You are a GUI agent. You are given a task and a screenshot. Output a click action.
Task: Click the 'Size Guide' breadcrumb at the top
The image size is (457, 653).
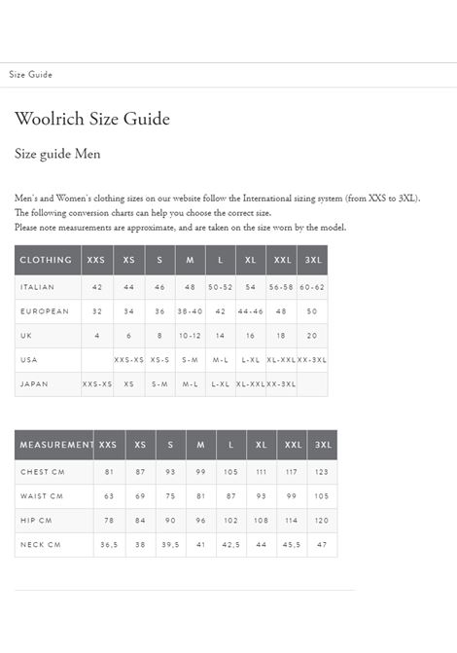click(x=31, y=75)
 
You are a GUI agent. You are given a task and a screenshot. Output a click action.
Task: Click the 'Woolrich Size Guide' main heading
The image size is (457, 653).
click(x=92, y=120)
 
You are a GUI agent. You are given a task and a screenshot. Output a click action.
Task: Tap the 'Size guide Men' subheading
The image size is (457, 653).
click(x=57, y=154)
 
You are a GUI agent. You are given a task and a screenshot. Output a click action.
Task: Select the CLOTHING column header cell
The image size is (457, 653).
click(x=47, y=261)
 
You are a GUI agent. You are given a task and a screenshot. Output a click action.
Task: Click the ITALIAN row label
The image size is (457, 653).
click(x=37, y=287)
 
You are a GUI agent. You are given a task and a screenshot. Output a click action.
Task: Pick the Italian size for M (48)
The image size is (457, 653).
click(x=190, y=287)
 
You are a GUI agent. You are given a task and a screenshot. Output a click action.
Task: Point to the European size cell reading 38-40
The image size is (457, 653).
click(x=190, y=311)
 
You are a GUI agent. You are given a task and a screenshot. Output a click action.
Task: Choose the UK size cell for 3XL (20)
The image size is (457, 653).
click(x=312, y=336)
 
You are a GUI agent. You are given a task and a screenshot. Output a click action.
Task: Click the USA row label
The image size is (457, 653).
click(x=28, y=360)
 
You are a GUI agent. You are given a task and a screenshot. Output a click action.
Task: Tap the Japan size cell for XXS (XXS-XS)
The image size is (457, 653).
click(x=97, y=384)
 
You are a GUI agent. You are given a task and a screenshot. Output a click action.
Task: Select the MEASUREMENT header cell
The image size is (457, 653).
click(x=55, y=445)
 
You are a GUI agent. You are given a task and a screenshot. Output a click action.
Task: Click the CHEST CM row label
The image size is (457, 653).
click(x=42, y=472)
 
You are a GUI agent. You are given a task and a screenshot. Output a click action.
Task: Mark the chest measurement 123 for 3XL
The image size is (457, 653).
click(x=322, y=472)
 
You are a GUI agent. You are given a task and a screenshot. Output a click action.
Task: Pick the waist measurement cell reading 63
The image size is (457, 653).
click(x=110, y=496)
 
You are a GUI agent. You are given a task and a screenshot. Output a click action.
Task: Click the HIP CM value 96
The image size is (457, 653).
click(x=201, y=521)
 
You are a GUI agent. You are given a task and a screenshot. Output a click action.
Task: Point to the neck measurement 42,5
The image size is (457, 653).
click(x=231, y=545)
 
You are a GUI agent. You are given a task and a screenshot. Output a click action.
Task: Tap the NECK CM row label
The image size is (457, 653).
click(x=41, y=545)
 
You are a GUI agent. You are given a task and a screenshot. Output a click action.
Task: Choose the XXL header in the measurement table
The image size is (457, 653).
click(x=292, y=445)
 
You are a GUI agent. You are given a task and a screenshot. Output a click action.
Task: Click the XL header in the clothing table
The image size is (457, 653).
click(x=251, y=261)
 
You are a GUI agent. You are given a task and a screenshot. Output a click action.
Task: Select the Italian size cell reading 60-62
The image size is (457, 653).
click(x=312, y=287)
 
